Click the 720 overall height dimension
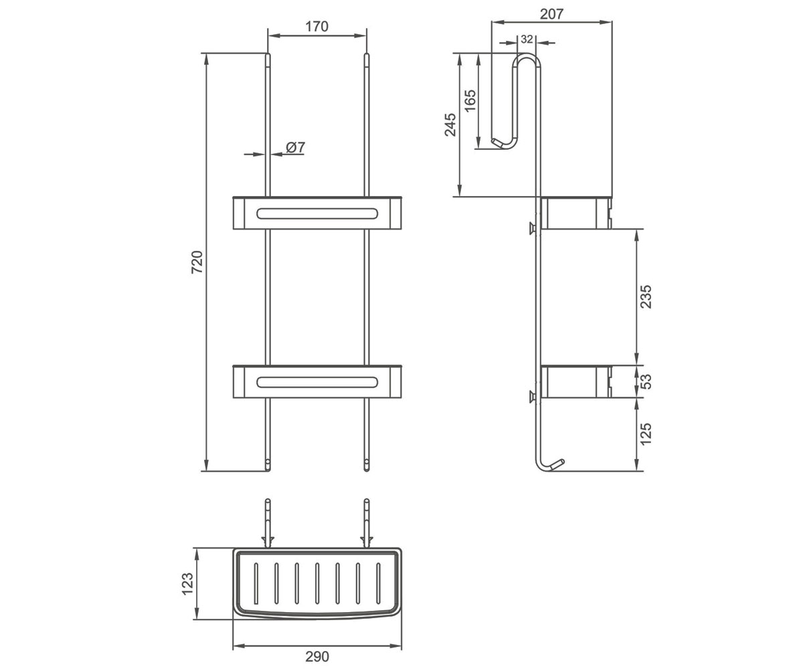click(197, 262)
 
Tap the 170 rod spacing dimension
click(317, 27)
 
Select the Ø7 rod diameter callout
click(295, 147)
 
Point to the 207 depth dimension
click(551, 14)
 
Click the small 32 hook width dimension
click(527, 39)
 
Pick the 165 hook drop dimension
click(470, 101)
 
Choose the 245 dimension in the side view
click(450, 124)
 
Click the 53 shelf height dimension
click(646, 381)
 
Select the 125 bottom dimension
click(646, 434)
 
